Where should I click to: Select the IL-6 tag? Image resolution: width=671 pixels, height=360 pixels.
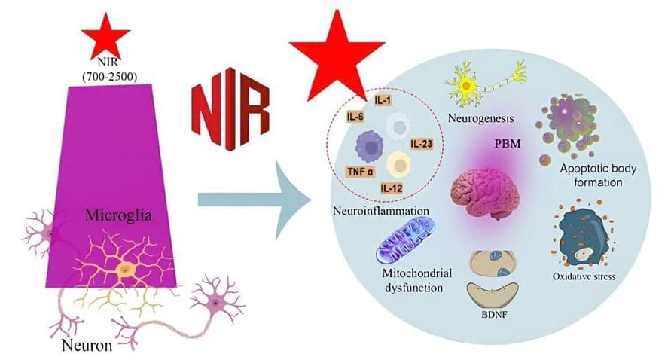pos(356,117)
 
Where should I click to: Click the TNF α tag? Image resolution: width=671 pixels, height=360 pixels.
pos(359,172)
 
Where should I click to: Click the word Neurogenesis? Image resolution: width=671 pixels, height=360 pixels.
pos(480,118)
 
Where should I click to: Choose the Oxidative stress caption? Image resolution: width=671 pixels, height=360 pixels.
pos(584,276)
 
